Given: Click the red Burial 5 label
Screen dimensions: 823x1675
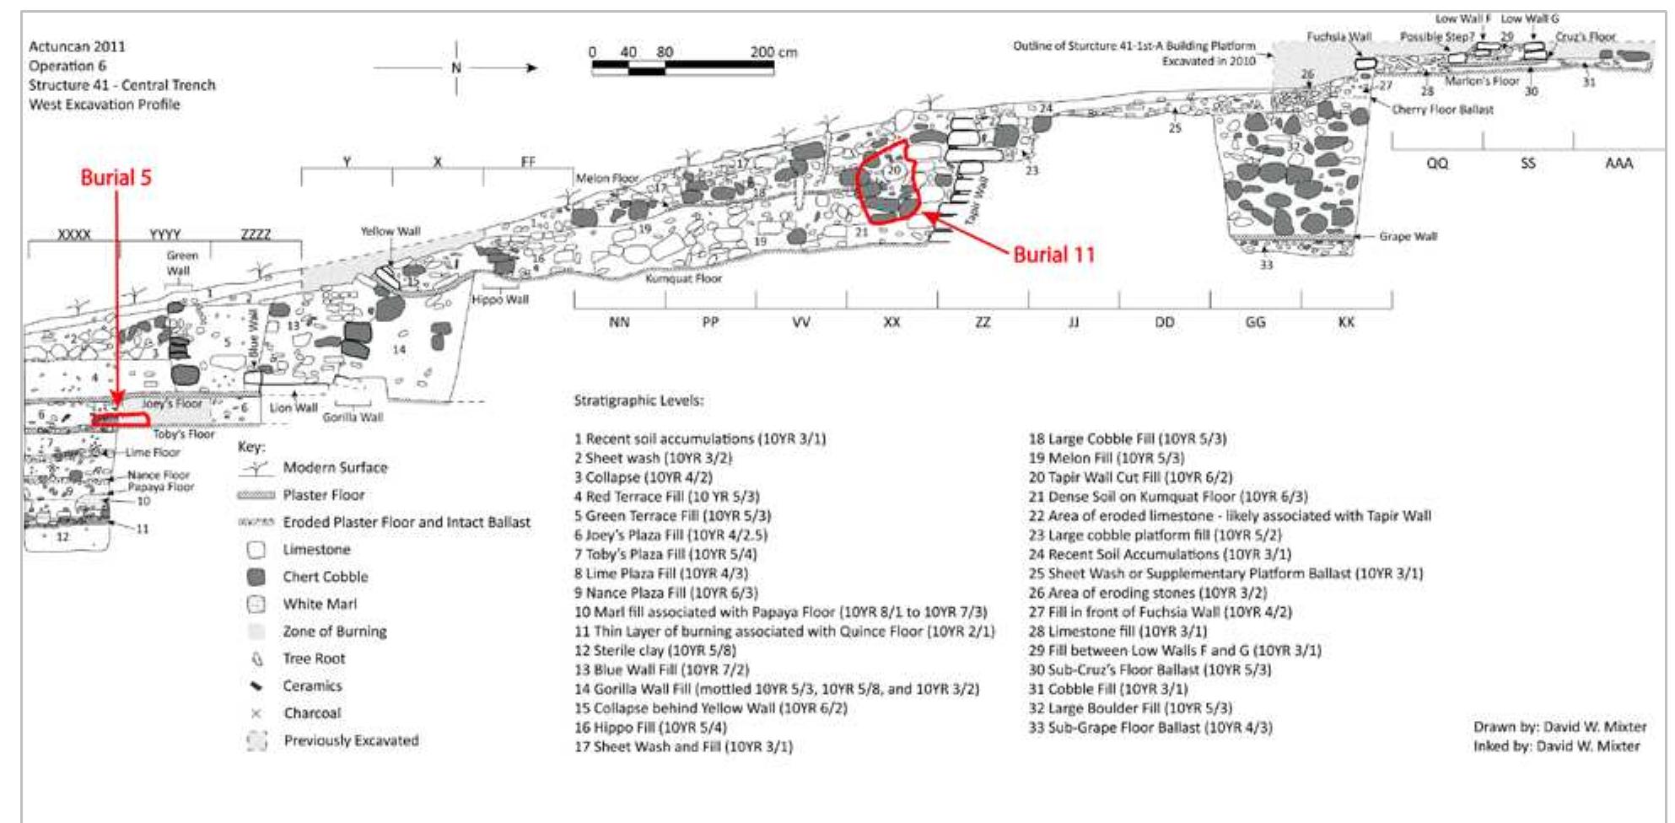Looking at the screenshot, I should (x=116, y=177).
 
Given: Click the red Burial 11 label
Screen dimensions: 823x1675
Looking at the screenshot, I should (x=1053, y=255).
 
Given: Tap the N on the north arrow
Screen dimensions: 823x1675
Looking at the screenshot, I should (x=456, y=67).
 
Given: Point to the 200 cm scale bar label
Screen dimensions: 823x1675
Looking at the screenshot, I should (x=773, y=52).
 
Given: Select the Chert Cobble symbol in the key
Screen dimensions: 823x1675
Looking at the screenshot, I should (x=256, y=577).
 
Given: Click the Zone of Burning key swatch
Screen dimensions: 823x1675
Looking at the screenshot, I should (x=256, y=632).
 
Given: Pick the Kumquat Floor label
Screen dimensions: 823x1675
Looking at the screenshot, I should (x=683, y=278).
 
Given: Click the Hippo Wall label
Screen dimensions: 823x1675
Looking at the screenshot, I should (x=500, y=299).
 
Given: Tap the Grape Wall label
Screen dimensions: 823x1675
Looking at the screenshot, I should (x=1408, y=236).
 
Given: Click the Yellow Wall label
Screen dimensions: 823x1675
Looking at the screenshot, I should (x=390, y=231).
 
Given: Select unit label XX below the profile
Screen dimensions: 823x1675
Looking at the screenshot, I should (x=891, y=322).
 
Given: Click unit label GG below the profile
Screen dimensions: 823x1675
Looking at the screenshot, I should (x=1255, y=322).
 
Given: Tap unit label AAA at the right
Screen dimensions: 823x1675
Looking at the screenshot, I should (x=1618, y=164).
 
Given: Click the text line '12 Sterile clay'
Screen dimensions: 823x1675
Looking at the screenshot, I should (x=654, y=650).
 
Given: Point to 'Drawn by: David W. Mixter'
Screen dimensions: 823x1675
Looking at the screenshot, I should (x=1559, y=727).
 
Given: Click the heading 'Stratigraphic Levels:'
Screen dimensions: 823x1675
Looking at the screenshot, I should (x=638, y=401).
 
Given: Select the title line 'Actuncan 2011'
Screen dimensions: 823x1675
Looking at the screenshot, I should (x=77, y=46).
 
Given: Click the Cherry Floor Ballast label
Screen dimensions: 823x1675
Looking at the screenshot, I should (x=1442, y=110).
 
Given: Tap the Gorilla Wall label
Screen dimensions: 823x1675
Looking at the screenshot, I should (x=353, y=417).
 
